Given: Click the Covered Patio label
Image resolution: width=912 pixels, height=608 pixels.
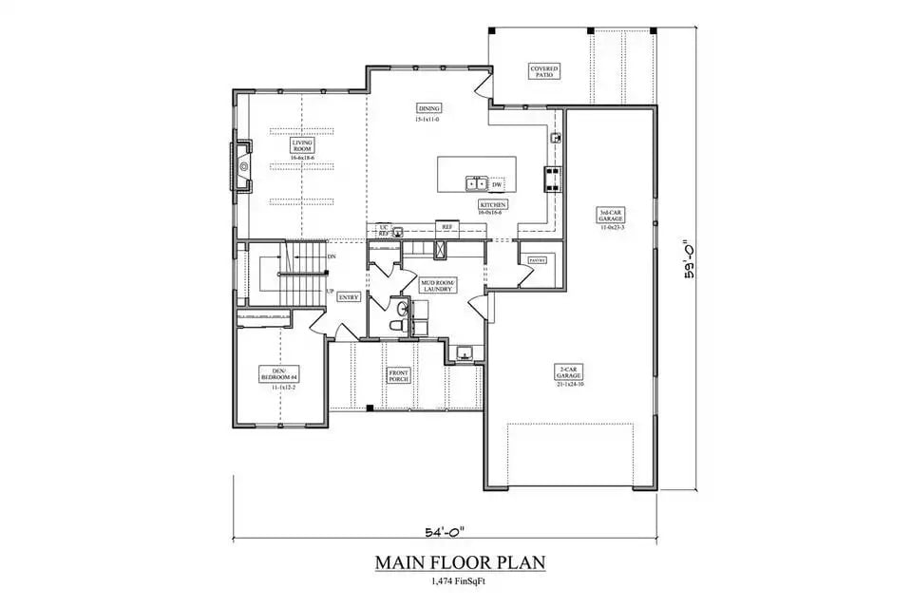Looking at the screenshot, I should coord(544,72).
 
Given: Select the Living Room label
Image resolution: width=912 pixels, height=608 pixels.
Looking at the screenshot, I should coord(302,146).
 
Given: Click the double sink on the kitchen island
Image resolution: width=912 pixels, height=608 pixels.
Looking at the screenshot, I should coord(477,182).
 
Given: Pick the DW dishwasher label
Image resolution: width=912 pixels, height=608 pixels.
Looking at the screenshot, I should coord(496,183).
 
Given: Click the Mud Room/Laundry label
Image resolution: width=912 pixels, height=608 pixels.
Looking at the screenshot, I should coord(439,285).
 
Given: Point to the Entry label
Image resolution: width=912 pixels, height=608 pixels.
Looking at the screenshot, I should coord(348,296).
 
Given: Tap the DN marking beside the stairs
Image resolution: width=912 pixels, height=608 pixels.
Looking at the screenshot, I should coord(331,256).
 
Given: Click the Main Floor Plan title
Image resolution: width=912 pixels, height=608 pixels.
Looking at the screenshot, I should coord(459,563).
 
